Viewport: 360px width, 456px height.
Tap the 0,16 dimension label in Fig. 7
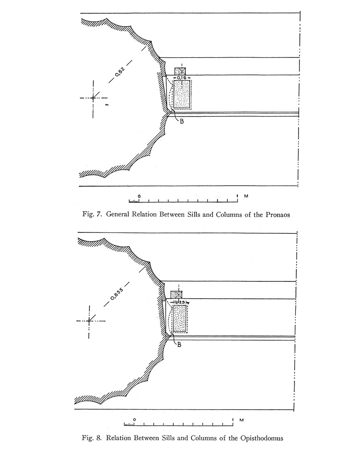point(182,78)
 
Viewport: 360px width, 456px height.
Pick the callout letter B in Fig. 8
point(179,344)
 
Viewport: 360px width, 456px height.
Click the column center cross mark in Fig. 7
point(93,98)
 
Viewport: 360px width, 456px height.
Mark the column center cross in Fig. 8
point(89,321)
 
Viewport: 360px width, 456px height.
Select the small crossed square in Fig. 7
point(180,71)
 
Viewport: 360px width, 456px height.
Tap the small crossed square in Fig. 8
point(177,294)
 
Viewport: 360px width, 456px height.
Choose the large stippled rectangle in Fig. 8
point(179,318)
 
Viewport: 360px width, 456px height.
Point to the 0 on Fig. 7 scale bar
point(139,196)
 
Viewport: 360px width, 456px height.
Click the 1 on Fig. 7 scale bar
point(237,196)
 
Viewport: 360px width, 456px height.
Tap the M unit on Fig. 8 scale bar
point(241,420)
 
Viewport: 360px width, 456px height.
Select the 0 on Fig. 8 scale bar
point(135,420)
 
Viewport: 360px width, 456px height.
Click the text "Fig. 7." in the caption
point(93,215)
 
